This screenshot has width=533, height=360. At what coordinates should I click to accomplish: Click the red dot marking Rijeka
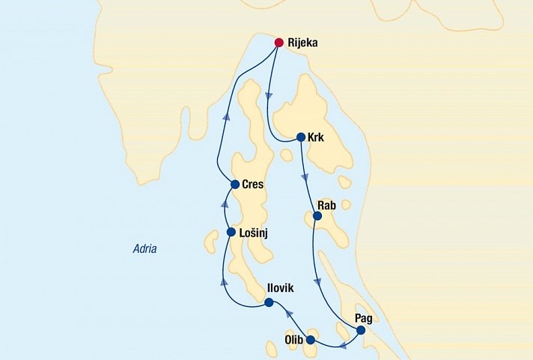279,43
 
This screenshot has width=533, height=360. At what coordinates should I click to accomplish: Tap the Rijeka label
302,43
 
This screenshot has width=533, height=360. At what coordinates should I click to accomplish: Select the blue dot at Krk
300,137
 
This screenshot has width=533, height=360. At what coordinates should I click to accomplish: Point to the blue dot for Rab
316,216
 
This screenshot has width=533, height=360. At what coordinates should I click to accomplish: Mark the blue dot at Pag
360,330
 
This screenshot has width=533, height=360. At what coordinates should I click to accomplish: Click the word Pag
365,317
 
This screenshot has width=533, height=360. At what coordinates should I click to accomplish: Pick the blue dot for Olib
311,340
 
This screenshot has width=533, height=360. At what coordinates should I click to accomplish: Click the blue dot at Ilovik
268,303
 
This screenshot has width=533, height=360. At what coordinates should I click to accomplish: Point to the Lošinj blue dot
231,232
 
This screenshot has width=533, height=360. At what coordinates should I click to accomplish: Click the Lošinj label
254,234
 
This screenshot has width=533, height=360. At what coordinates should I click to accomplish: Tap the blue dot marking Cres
234,184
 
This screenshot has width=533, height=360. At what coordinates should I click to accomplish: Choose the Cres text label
253,184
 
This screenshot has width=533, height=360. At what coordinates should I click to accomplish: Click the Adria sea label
144,248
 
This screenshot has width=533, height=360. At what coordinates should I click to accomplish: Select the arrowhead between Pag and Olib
342,345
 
